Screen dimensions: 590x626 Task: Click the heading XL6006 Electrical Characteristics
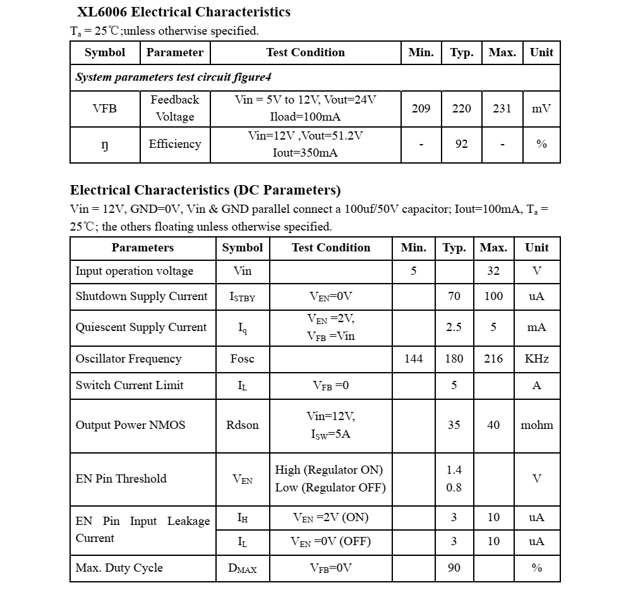pos(183,12)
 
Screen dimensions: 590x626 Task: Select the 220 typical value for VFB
pos(462,109)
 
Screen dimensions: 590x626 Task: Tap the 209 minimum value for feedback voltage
pos(421,109)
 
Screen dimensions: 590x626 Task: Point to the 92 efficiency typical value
pos(462,144)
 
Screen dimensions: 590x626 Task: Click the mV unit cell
pos(541,109)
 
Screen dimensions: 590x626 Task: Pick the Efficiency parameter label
pos(175,144)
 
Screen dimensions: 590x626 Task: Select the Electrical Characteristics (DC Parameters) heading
pos(205,190)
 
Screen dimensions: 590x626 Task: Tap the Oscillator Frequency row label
pos(128,359)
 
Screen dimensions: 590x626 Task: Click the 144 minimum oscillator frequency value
pos(413,359)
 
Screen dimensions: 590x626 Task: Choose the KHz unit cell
pos(537,359)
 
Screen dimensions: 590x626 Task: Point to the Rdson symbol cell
pos(243,425)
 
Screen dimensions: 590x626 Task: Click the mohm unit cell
pos(537,425)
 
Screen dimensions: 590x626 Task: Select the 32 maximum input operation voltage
pos(493,271)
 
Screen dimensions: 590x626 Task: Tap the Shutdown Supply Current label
pos(141,296)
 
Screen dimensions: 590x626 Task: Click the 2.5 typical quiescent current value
pos(454,327)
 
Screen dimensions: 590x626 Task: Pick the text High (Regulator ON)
pos(328,470)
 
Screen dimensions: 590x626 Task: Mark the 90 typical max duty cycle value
pos(454,568)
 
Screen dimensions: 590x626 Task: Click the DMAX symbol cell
pos(243,569)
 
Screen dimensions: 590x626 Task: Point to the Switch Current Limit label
pos(129,385)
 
